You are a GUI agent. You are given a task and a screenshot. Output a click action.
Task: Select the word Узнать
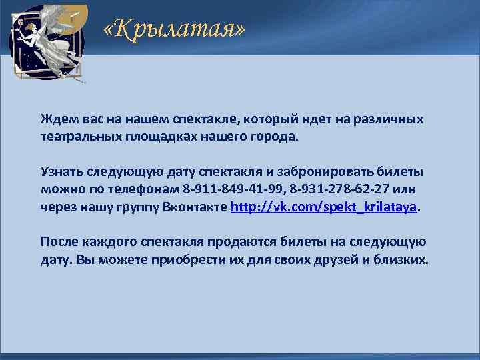(61, 172)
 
